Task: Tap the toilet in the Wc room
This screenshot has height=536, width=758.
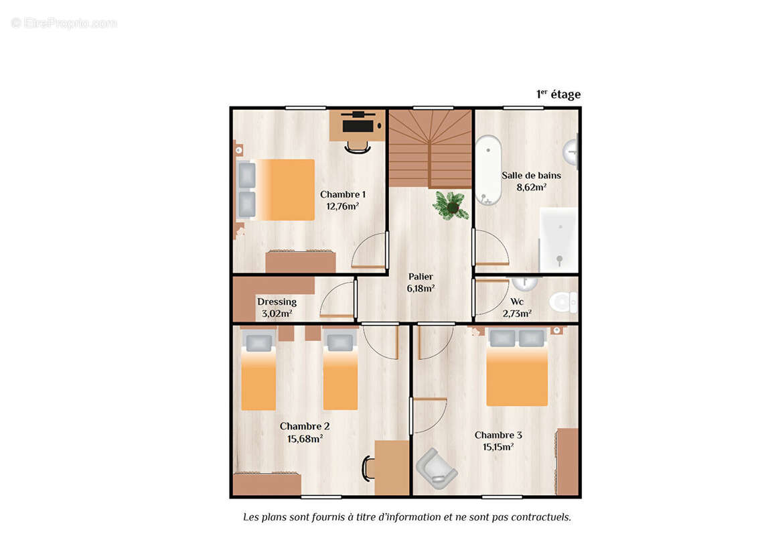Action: [x=563, y=302]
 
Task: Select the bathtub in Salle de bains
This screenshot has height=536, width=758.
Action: [x=488, y=170]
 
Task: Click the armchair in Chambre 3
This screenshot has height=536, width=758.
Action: [x=436, y=468]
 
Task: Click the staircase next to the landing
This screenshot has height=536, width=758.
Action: [x=431, y=149]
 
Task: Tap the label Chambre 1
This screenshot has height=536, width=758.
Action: [x=343, y=194]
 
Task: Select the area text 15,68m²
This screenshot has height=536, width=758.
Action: [x=305, y=439]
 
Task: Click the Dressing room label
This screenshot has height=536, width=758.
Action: [x=277, y=302]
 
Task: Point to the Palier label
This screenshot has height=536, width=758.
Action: [x=421, y=277]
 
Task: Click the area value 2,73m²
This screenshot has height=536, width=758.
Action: [x=517, y=314]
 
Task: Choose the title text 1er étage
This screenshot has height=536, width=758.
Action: [x=558, y=94]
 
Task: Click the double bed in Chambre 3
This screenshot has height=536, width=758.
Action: [x=517, y=368]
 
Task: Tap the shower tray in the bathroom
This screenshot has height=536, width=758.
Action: [x=558, y=240]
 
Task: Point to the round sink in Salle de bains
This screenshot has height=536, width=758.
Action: [x=571, y=152]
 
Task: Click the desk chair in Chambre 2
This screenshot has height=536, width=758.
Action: [x=368, y=468]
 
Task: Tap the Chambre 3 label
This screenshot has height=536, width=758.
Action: [x=498, y=435]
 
